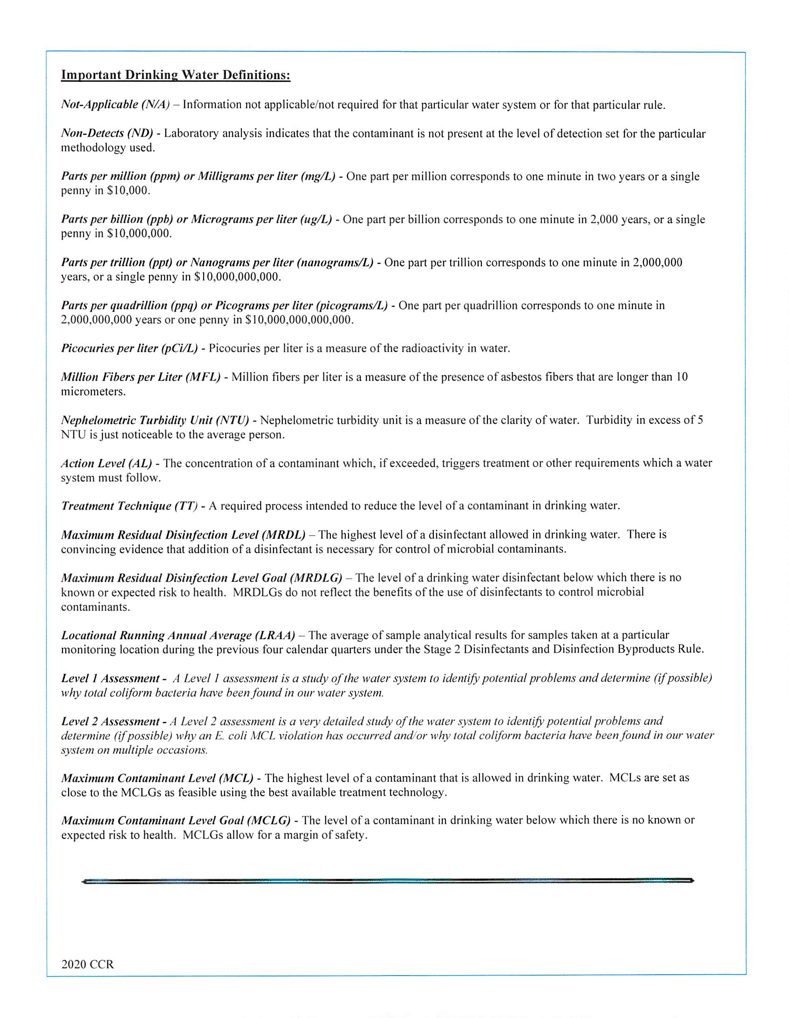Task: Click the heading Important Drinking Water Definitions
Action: (176, 75)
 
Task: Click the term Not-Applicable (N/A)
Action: (115, 104)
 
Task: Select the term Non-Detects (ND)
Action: (107, 133)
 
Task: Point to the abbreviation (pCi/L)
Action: (179, 348)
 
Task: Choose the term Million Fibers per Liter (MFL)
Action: (140, 377)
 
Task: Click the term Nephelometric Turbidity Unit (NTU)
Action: (155, 420)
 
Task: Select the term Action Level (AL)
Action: (106, 463)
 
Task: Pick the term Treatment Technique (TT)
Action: (129, 506)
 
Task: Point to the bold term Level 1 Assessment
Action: (110, 678)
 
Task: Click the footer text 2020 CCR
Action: (87, 964)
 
